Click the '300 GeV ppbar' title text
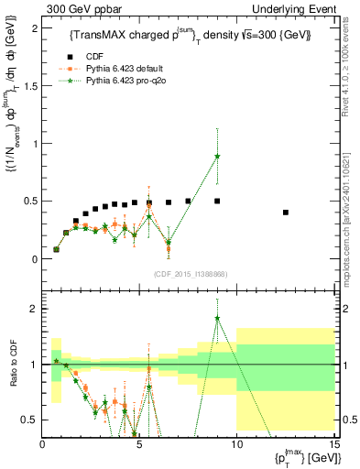coord(83,8)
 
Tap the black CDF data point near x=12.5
coord(287,213)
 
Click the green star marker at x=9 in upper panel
coord(217,157)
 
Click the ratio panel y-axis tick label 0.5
coord(28,420)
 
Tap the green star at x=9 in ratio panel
coord(217,318)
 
